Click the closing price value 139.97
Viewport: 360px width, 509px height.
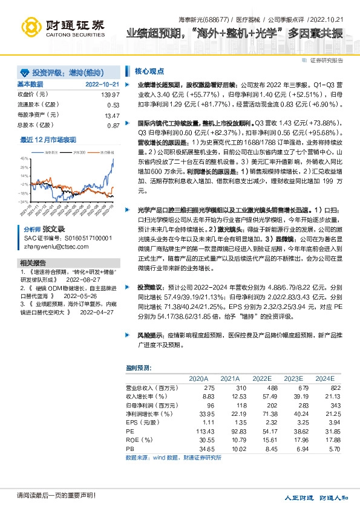[111, 95]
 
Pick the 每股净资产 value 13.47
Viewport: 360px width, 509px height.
[112, 115]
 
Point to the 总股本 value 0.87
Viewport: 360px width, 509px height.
[113, 125]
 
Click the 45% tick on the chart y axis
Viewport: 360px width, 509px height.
[25, 158]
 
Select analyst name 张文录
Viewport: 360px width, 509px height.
[53, 230]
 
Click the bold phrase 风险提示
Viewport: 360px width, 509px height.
[150, 334]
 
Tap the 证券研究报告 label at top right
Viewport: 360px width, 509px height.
[327, 60]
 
